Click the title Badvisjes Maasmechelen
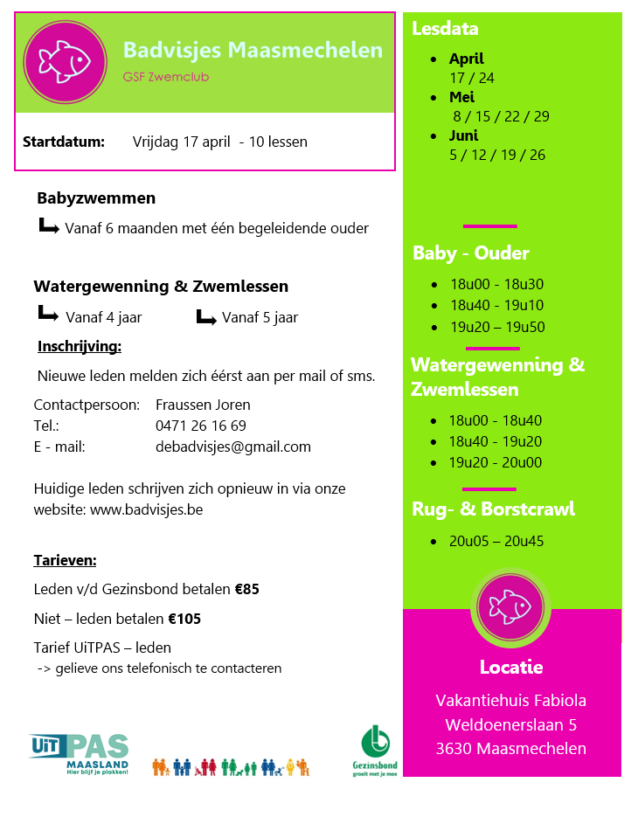[x=253, y=50]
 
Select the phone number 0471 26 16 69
[x=200, y=426]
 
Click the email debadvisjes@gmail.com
[x=232, y=447]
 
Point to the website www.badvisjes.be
[x=146, y=509]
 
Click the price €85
[x=246, y=590]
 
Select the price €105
[x=184, y=620]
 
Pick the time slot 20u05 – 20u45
[x=496, y=542]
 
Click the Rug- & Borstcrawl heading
[x=493, y=509]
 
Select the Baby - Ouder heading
[x=471, y=253]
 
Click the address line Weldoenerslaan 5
[x=510, y=724]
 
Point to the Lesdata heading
[x=445, y=29]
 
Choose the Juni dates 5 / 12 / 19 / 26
[x=496, y=156]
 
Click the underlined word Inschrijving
[x=80, y=347]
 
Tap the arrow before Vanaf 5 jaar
[x=205, y=316]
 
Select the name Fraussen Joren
[x=203, y=405]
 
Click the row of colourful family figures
[x=230, y=767]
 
